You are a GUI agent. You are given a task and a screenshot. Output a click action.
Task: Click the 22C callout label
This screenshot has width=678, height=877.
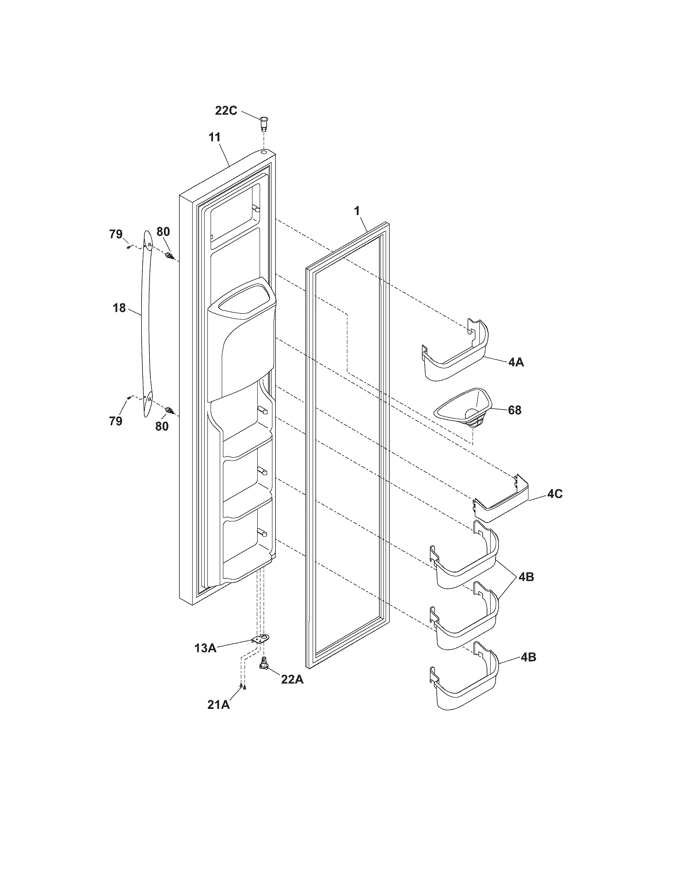click(x=226, y=110)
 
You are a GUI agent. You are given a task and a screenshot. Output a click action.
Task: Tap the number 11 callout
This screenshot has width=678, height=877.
click(x=215, y=138)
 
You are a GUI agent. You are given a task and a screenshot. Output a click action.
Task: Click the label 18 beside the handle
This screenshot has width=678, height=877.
click(x=119, y=309)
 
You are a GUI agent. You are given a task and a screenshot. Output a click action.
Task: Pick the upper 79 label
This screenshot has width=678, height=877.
click(x=116, y=234)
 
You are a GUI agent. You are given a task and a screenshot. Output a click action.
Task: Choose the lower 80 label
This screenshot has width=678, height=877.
click(x=162, y=426)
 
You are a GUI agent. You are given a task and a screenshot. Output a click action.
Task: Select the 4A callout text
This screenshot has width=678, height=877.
click(x=516, y=362)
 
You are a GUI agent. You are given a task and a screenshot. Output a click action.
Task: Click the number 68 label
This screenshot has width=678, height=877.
click(x=514, y=410)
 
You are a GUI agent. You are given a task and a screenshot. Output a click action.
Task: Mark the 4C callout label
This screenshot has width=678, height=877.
click(x=555, y=494)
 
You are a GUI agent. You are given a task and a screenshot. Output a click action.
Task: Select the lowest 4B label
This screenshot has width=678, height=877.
click(x=528, y=657)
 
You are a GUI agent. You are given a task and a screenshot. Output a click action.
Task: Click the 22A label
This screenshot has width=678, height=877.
click(x=292, y=680)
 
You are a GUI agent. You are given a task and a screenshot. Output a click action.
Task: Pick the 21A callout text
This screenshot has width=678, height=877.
click(x=219, y=704)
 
